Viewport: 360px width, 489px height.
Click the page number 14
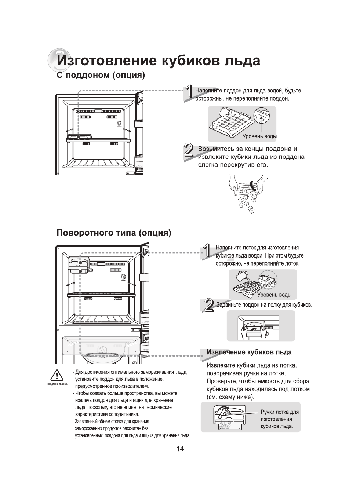tap(180, 449)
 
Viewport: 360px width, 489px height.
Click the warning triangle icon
tap(56, 375)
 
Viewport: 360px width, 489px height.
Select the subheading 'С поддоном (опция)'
tap(101, 76)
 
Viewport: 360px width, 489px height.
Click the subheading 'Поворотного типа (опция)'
tap(114, 233)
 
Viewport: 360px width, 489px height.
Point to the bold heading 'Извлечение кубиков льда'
tap(249, 352)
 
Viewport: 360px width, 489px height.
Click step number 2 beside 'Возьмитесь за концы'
tap(189, 151)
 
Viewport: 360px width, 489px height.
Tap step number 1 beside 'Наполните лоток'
tap(207, 251)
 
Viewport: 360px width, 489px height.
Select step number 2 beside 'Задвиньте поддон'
tap(209, 305)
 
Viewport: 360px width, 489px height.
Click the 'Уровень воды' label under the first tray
tap(259, 136)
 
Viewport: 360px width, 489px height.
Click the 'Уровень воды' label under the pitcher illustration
tap(274, 295)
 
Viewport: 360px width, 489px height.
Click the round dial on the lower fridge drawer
tap(103, 349)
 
